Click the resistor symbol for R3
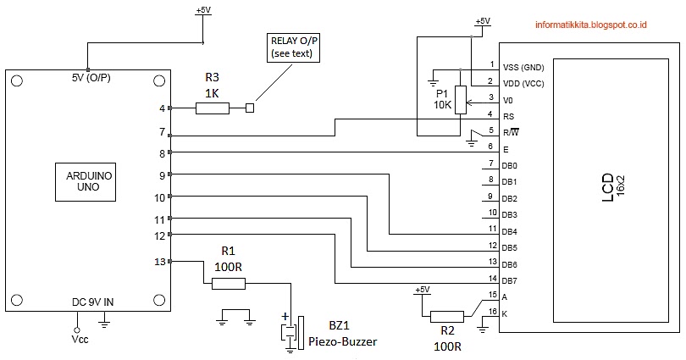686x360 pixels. (x=213, y=108)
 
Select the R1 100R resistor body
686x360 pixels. (x=229, y=284)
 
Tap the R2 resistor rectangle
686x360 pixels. (x=447, y=317)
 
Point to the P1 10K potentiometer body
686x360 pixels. (x=461, y=100)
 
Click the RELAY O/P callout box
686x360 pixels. (x=293, y=47)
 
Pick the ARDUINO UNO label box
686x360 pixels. (x=86, y=182)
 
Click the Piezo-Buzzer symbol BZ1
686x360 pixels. (x=292, y=333)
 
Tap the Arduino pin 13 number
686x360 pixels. (x=160, y=262)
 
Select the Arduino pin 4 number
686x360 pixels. (x=163, y=108)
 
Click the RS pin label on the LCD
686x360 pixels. (x=508, y=117)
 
